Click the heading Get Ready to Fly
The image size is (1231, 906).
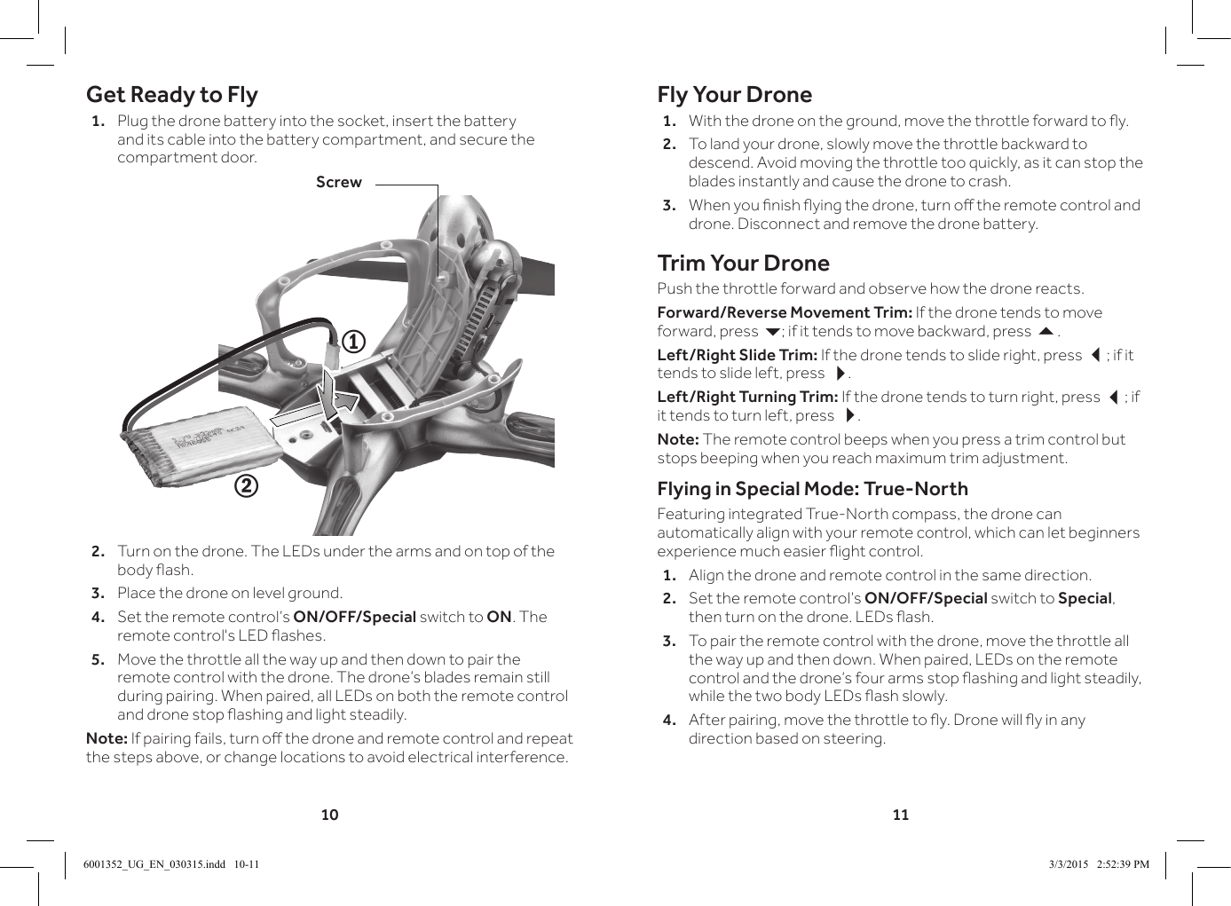pos(171,95)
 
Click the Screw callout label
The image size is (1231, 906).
pos(338,182)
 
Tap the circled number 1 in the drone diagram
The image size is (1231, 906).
pos(353,342)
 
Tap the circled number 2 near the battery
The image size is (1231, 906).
pos(246,486)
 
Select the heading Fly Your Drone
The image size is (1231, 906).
pos(734,95)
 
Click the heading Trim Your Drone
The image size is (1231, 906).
pos(743,264)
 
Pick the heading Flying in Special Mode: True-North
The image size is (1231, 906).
pos(812,489)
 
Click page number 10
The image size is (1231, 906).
pos(329,815)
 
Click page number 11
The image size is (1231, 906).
pos(900,815)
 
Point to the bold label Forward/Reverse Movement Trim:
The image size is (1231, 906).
pos(784,312)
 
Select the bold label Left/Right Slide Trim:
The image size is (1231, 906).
pos(737,355)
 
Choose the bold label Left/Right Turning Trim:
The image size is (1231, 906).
pos(747,397)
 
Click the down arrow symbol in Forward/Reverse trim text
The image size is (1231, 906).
pos(772,332)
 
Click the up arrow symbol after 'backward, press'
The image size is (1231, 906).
pos(1046,332)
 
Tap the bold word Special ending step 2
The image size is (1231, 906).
pos(1085,598)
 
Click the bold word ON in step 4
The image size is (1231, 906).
pos(499,617)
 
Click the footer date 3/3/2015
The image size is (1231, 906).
pos(1068,864)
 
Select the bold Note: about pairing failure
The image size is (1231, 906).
pos(107,738)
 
